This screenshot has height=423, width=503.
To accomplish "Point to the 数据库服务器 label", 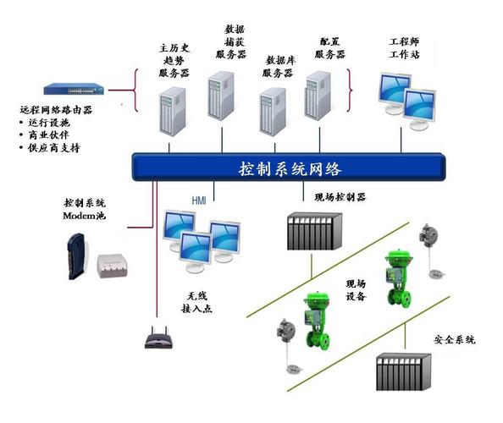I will pos(279,67).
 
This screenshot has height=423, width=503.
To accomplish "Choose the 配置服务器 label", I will pos(330,47).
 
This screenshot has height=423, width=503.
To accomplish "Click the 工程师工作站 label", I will pos(405,47).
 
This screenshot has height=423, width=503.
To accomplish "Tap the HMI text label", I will pos(197,201).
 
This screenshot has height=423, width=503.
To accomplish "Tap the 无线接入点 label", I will pos(200,304).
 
